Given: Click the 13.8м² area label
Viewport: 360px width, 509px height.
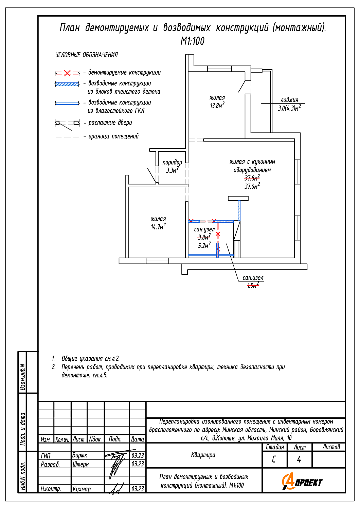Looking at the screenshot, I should pos(217,106).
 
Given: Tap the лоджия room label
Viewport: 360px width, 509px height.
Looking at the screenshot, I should pos(289,100).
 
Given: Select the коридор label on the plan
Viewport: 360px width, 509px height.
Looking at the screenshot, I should pos(172,163).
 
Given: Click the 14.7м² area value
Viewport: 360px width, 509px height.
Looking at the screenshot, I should pos(158,227).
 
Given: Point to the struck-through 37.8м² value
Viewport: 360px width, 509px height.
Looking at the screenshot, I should pos(252,178).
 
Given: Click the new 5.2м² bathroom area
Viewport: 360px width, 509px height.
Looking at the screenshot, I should pos(204,245).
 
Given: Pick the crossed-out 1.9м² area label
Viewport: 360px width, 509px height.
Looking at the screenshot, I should pos(253,285).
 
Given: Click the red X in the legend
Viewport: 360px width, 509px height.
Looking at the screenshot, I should pos(67,73).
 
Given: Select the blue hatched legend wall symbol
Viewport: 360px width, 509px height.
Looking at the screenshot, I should pos(67,84).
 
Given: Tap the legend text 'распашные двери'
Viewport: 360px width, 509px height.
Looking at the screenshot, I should pos(110,123).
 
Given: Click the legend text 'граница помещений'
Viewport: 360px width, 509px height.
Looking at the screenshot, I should pos(113,136).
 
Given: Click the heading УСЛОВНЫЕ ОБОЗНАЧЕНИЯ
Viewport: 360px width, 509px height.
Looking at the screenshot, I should pos(87,55).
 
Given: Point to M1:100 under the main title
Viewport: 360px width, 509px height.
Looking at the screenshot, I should pos(192,41).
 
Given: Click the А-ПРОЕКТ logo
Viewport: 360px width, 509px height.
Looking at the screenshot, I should pos(302,482).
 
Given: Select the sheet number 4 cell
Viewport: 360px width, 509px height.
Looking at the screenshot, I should pos(299,459).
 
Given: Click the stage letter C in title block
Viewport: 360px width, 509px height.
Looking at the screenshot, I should pos(274,459).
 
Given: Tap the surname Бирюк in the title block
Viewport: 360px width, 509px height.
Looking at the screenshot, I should pos(80,455).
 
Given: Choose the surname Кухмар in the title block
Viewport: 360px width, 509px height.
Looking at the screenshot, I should pos(82,489).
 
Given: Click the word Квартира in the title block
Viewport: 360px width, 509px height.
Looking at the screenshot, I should pos(203,455).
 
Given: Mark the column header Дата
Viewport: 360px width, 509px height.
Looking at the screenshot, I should pos(138,439).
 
